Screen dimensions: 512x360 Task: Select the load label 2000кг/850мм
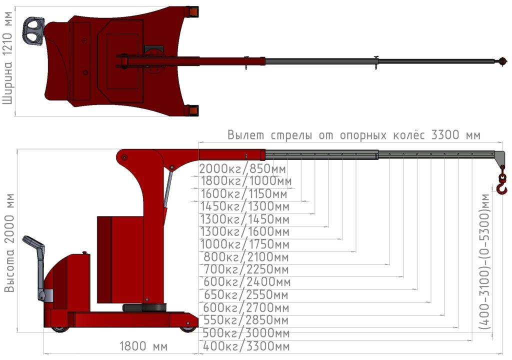pos(242,169)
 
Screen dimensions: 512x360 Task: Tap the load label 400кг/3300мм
pos(246,346)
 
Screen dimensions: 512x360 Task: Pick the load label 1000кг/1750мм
pos(244,244)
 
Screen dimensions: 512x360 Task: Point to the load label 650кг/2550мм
pos(246,295)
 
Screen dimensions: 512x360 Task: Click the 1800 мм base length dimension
pos(143,346)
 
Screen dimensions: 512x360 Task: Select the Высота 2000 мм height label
pos(9,242)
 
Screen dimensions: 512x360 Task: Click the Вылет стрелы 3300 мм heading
pos(354,135)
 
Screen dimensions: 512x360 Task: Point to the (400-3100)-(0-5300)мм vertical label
pos(485,261)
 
